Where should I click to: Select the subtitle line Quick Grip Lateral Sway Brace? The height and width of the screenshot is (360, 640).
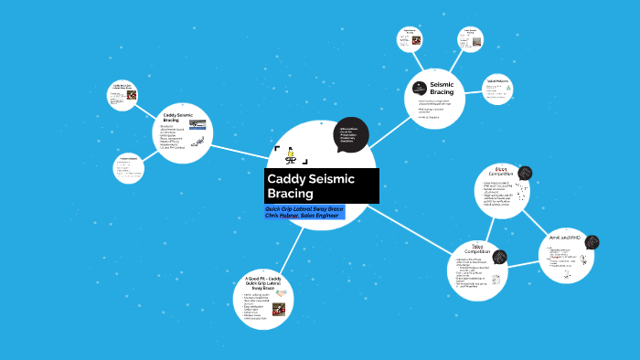[311, 208]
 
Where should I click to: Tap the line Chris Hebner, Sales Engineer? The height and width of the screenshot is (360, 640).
[309, 217]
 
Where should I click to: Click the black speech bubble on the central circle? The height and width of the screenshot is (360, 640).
[350, 133]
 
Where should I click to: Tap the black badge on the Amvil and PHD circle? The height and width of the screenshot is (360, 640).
[592, 242]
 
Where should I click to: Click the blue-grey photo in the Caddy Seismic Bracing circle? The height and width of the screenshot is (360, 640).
[197, 123]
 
